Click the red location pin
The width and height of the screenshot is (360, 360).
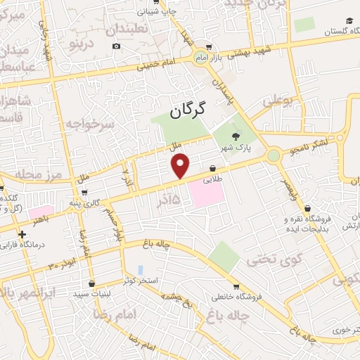pos(181,165)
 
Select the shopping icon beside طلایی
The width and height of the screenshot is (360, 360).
pos(212,167)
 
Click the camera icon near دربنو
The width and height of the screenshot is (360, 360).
pos(116,46)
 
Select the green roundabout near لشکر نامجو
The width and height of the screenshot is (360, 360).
pos(273,155)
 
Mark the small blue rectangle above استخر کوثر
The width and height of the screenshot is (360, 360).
pos(141,269)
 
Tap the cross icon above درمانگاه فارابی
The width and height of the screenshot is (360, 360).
pos(23,233)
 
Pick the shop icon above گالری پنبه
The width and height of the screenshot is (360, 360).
pos(85,192)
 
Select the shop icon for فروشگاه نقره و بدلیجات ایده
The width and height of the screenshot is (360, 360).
pos(307,209)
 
